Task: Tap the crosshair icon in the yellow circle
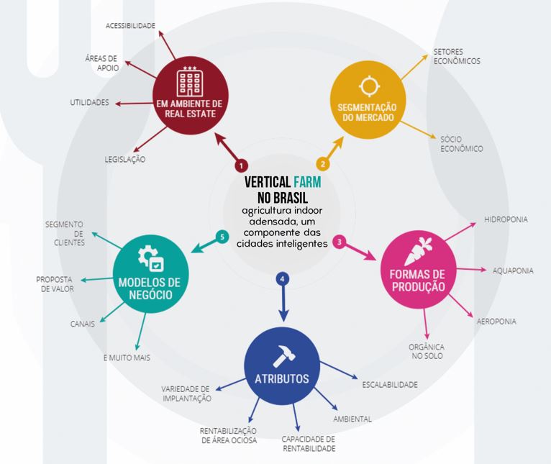point(369,86)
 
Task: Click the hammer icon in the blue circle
point(281,355)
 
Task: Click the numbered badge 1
point(241,164)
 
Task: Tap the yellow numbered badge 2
point(323,164)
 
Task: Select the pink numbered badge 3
point(340,242)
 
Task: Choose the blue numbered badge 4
point(283,278)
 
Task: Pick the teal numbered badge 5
point(223,235)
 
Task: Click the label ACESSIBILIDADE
point(130,26)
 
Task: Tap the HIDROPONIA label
point(506,219)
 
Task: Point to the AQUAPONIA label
point(513,270)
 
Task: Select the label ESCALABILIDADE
point(390,385)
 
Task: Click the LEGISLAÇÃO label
point(125,160)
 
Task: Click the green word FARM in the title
point(307,183)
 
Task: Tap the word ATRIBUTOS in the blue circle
point(281,379)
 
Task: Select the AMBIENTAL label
point(352,419)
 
